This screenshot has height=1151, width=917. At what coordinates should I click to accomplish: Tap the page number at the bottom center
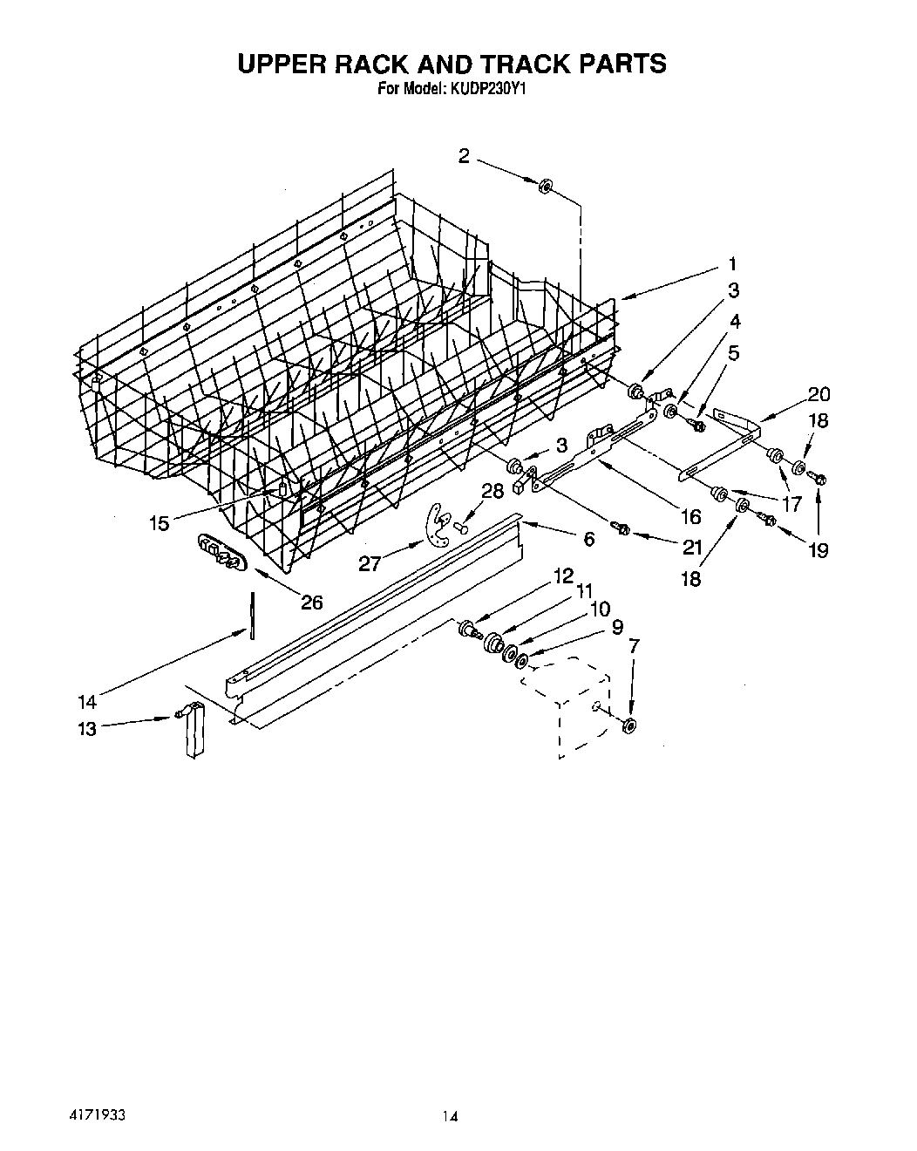pos(450,1091)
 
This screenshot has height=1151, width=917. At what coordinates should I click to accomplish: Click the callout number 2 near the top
pos(465,156)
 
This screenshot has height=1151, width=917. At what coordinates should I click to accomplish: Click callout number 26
pos(311,602)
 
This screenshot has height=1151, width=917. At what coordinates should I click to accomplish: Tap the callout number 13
pos(87,728)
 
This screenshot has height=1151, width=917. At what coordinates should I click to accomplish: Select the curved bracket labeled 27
pos(435,525)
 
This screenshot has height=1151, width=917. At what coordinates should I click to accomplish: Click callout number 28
pos(492,491)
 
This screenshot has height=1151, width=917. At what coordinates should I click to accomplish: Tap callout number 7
pos(634,646)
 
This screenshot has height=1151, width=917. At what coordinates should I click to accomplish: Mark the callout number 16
pos(689,517)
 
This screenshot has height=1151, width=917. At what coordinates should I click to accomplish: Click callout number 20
pos(819,394)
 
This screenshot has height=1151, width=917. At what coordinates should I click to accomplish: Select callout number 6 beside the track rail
pos(588,540)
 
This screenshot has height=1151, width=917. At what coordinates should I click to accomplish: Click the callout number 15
pos(159,523)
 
